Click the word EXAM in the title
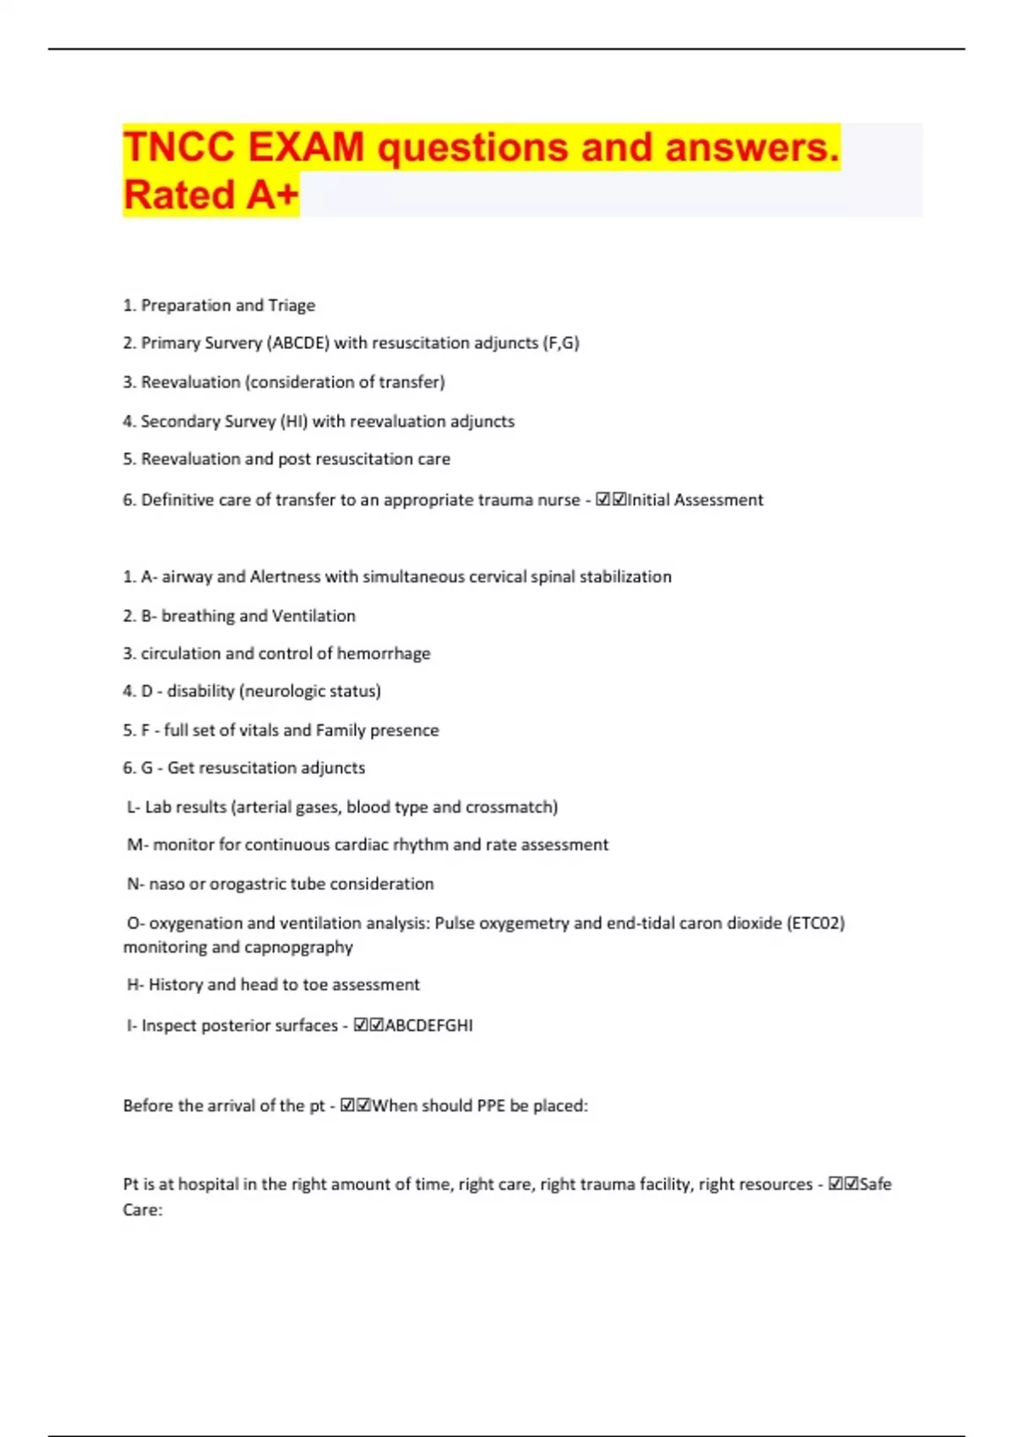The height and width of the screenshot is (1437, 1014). point(306,148)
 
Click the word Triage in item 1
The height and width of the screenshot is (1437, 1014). point(292,305)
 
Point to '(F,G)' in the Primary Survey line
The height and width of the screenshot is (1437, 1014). point(560,343)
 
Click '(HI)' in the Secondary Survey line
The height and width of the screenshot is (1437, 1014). point(293,421)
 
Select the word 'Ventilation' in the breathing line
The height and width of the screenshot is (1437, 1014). point(313,615)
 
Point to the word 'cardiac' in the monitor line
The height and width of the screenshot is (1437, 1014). point(362,844)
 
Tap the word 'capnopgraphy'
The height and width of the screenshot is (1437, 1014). point(299,948)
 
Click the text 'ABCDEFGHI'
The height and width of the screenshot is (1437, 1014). point(428,1025)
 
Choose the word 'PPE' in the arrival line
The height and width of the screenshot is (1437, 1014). point(491,1106)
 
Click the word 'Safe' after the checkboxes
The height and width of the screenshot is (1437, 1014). point(875,1184)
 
